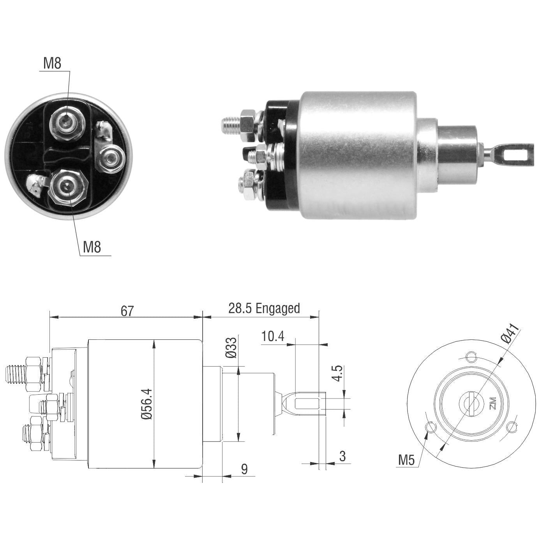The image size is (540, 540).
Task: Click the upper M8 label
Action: tap(52, 64)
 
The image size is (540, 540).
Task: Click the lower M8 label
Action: tap(92, 247)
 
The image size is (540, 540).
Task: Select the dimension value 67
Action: tap(127, 311)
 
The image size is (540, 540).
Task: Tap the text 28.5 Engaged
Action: tap(264, 309)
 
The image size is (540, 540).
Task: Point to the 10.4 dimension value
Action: tap(273, 336)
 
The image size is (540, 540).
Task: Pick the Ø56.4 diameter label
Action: tap(147, 404)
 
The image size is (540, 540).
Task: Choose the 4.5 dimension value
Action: tap(338, 373)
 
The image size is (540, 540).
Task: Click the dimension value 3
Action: tap(342, 456)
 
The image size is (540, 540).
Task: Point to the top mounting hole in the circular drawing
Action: tap(471, 356)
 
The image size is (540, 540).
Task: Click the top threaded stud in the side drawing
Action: tap(16, 374)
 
